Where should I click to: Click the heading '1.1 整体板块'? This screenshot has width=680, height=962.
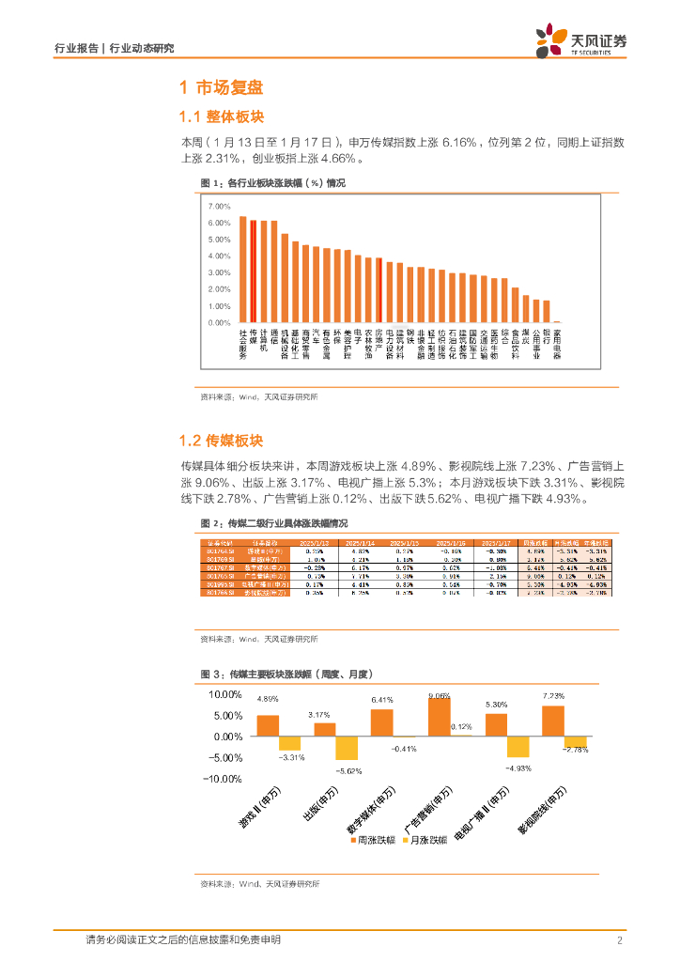tap(222, 116)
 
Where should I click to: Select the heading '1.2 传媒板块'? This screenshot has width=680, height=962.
tap(222, 441)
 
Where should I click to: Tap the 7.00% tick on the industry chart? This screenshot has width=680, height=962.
tap(219, 206)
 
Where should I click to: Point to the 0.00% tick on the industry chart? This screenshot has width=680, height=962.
tap(219, 323)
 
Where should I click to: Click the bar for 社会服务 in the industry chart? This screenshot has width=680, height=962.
tap(242, 270)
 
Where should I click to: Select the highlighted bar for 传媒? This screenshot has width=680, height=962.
tap(254, 272)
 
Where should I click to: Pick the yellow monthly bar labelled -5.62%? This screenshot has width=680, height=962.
tap(348, 748)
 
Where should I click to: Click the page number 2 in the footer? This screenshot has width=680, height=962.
tap(620, 940)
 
